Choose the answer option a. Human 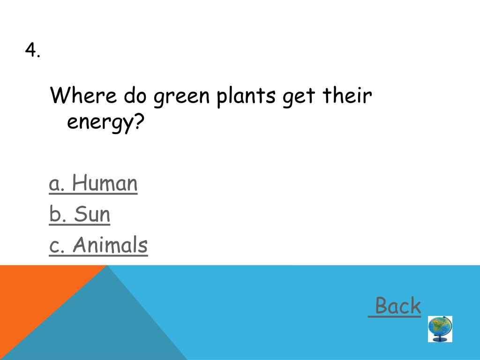pos(93,183)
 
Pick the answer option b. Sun pos(80,214)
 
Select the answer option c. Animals pos(98,245)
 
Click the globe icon pos(440,326)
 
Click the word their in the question pos(347,96)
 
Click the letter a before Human pos(55,184)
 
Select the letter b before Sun pos(55,214)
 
